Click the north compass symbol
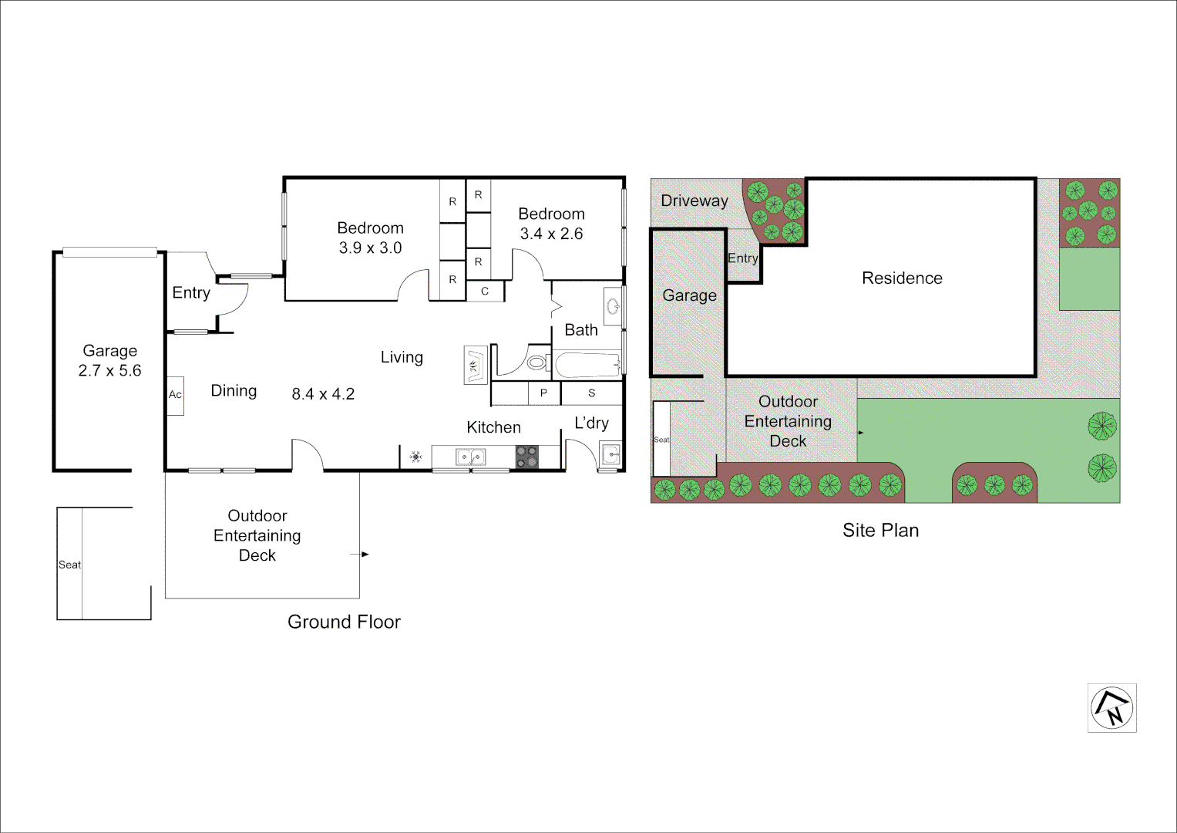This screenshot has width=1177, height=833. (x=1111, y=707)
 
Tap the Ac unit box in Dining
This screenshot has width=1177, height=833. (x=176, y=395)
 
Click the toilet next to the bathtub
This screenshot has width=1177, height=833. (x=536, y=363)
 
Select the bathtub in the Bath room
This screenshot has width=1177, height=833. (x=588, y=365)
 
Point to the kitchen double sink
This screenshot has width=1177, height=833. (x=470, y=457)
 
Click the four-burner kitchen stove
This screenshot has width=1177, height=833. (x=526, y=457)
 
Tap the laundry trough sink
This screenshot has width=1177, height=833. (x=610, y=455)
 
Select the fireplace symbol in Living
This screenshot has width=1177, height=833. (x=475, y=365)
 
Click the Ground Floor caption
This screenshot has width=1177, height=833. (x=344, y=622)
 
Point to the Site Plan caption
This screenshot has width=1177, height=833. (x=880, y=530)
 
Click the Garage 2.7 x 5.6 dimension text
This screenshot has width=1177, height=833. (x=109, y=370)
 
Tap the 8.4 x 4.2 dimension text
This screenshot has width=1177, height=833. (x=323, y=394)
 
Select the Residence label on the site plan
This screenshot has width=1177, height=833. (x=902, y=278)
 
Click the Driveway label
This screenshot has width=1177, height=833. (x=694, y=201)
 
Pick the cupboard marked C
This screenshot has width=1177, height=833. (x=485, y=292)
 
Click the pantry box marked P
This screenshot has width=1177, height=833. (x=543, y=393)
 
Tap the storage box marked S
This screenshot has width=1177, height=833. (x=591, y=393)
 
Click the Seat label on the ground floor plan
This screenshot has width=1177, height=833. (x=69, y=565)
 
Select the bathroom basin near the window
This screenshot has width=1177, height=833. (x=614, y=306)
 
